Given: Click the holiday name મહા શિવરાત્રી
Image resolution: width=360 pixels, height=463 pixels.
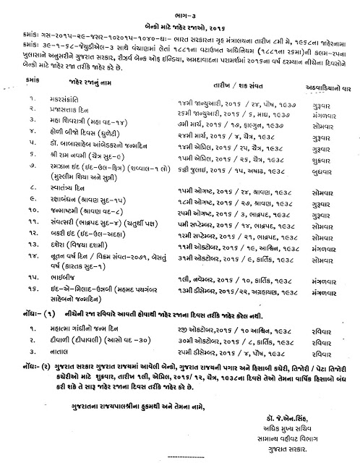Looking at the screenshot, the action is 80,136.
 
